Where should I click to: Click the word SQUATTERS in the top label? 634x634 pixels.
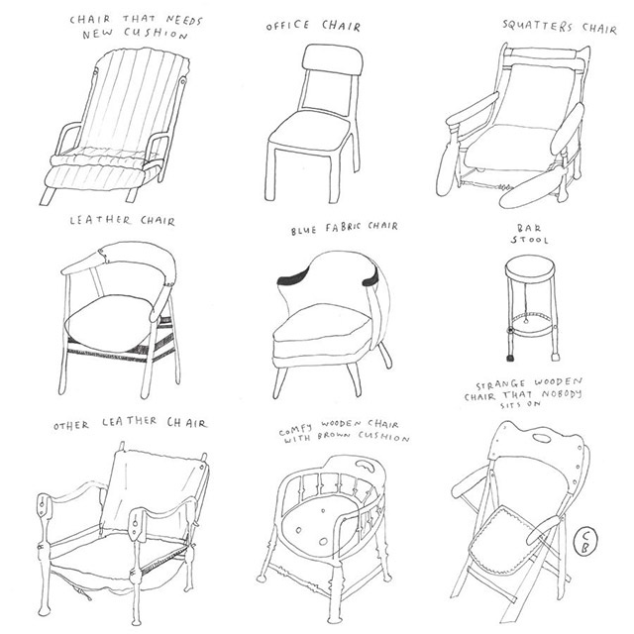coord(537,26)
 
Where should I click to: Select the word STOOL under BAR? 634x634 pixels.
coord(529,240)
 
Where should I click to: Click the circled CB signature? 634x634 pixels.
coord(584,542)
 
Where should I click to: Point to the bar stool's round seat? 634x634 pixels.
coord(530,268)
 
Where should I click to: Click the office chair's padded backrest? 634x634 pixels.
coord(333,59)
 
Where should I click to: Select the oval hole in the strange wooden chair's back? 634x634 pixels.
coord(541,438)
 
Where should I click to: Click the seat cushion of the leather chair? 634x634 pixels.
coord(112,323)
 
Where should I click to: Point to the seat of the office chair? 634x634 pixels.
coord(309,130)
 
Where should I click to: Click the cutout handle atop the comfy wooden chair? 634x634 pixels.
coord(365,466)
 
